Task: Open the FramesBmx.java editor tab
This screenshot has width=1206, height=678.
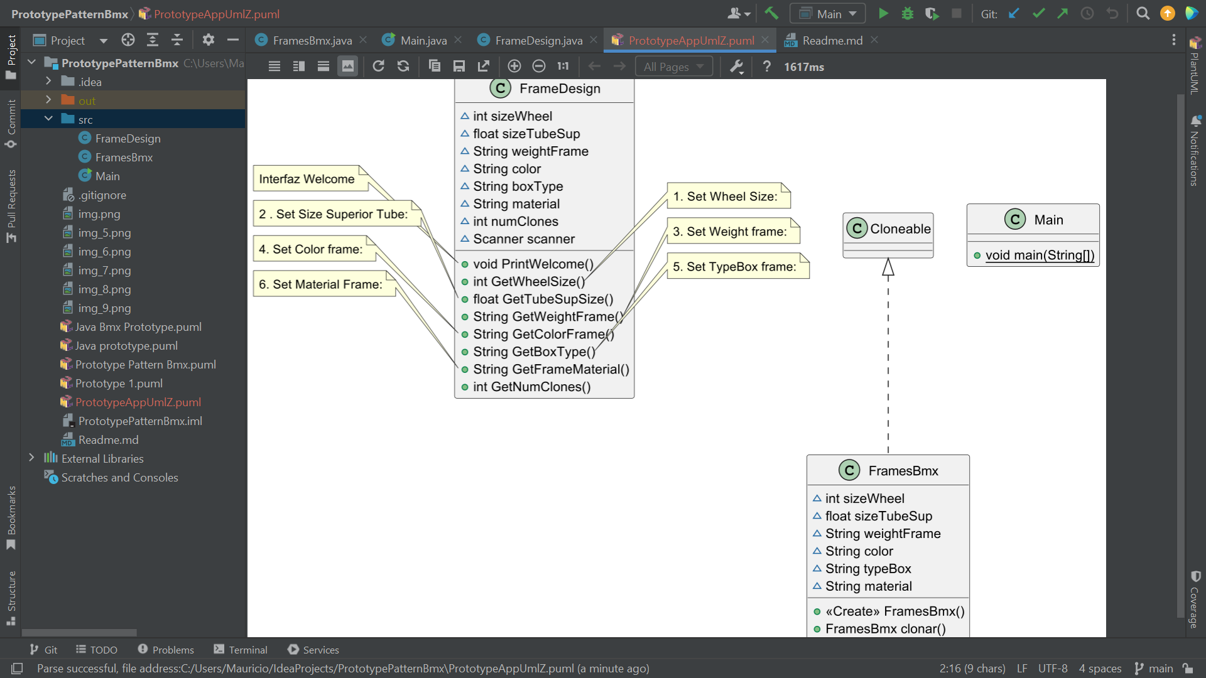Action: coord(312,41)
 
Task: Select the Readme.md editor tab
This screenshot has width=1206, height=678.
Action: coord(832,41)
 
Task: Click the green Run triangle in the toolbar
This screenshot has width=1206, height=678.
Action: coord(883,14)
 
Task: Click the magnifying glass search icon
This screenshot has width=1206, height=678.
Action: coord(1143,14)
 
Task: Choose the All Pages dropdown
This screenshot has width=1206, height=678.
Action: coord(673,67)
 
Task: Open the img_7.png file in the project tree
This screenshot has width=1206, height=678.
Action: coord(104,271)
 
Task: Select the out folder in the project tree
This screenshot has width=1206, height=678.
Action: coord(87,101)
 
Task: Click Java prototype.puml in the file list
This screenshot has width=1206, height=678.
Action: coord(126,346)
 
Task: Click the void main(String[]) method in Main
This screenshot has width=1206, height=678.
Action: coord(1040,256)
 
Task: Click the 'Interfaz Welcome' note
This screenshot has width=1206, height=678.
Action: coord(307,179)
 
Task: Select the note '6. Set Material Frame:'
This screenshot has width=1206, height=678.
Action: coord(320,284)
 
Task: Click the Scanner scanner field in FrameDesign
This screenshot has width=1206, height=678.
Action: coord(523,239)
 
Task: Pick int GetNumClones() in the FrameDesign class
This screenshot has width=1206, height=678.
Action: coord(531,387)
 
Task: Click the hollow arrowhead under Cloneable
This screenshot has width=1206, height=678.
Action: coord(888,267)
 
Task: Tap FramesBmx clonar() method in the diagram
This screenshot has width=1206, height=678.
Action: coord(885,629)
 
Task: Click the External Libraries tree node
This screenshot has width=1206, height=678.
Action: coord(102,459)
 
